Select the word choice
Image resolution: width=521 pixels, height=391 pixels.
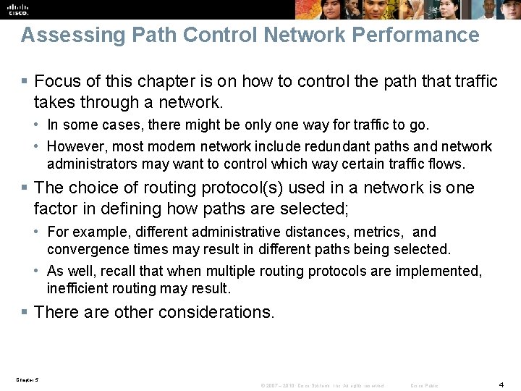click(93, 188)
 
